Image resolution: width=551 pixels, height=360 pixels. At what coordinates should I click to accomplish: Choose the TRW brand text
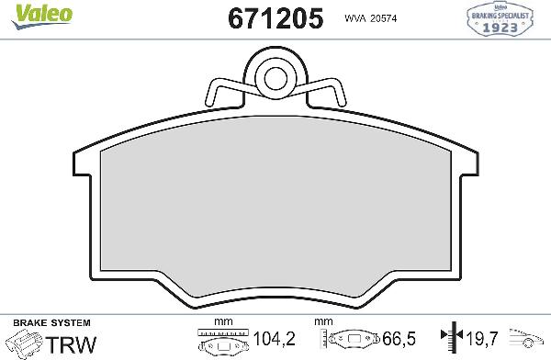point(69,343)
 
